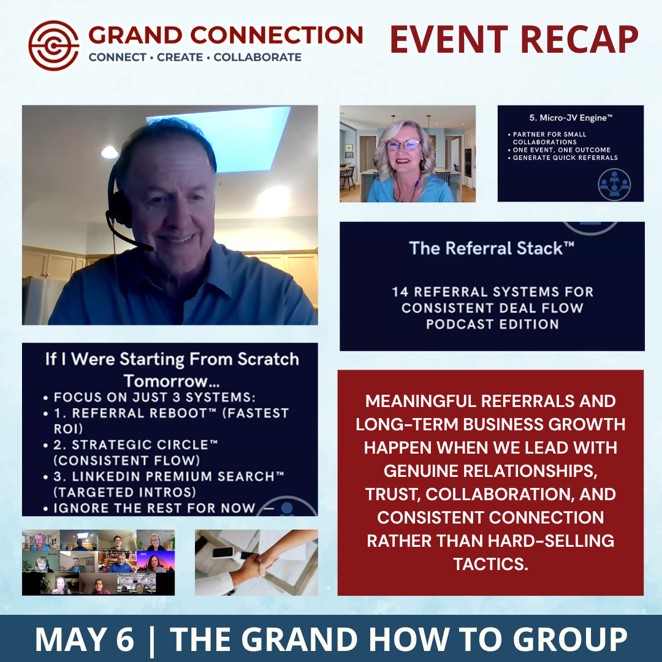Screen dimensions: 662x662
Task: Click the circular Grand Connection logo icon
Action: point(53,45)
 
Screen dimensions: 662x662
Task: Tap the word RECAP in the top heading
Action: point(579,39)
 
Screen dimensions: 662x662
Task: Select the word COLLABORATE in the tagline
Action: point(257,57)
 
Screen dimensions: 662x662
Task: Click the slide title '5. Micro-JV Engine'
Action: point(571,118)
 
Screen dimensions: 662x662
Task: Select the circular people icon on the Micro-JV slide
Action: point(614,185)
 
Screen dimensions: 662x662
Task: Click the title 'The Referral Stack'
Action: point(492,248)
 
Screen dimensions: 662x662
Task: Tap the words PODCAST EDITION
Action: point(492,324)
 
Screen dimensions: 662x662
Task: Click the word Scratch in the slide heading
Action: point(268,359)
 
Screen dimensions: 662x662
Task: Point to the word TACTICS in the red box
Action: point(490,564)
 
